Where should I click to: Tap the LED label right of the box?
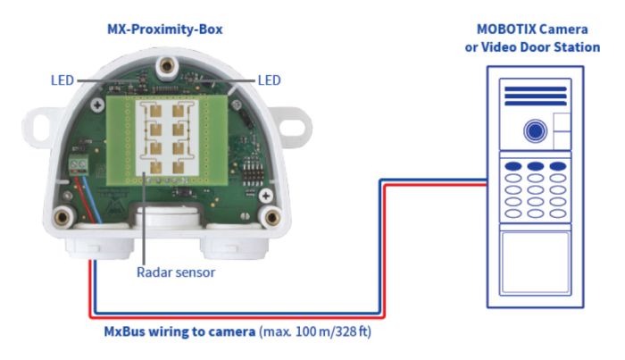point(268,80)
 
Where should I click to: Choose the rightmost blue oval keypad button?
point(558,166)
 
